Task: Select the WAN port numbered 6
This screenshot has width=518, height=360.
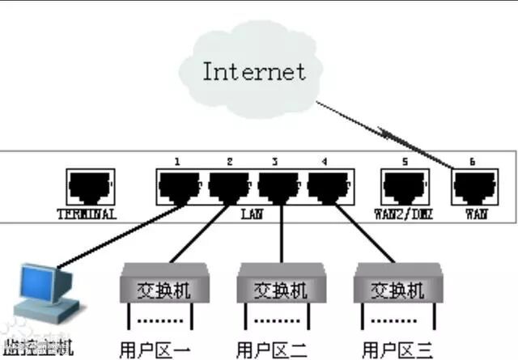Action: (473, 188)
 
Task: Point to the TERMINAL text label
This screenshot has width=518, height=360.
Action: (87, 214)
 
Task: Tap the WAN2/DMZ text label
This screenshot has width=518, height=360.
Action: (405, 214)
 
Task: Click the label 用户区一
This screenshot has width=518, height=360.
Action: (155, 350)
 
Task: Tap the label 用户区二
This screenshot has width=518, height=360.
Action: (272, 350)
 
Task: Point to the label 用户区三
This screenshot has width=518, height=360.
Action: (397, 350)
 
